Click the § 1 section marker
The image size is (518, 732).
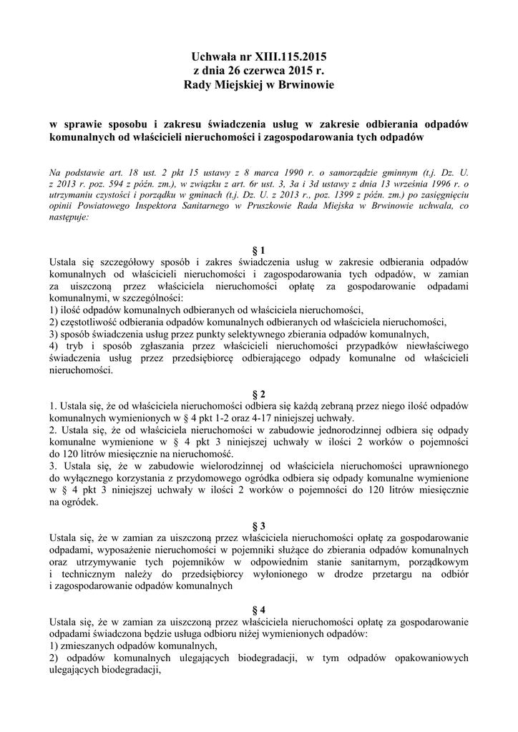point(259,250)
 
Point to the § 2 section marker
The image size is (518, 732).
point(259,395)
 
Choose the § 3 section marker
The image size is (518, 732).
point(259,527)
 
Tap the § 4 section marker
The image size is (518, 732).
point(259,610)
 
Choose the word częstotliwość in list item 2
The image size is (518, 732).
point(90,321)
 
